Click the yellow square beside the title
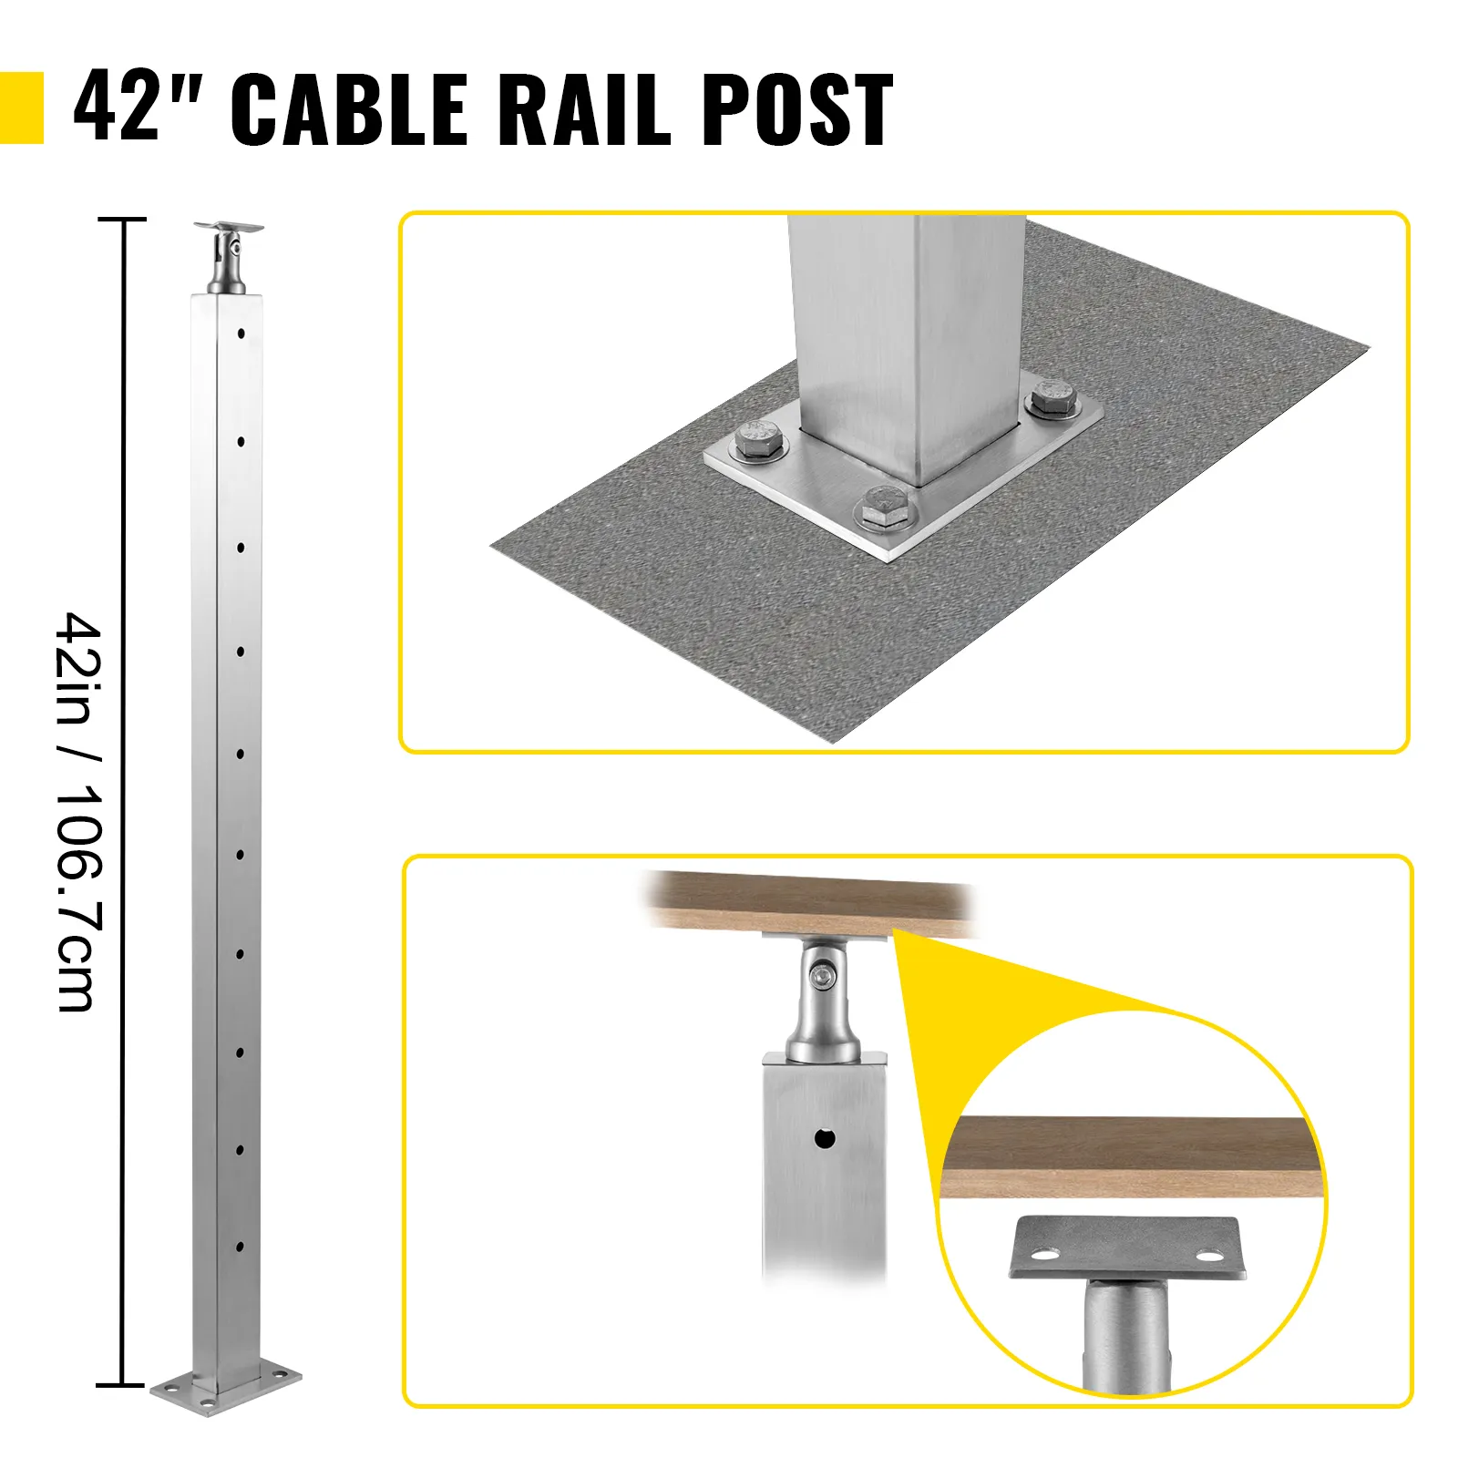pyautogui.click(x=21, y=108)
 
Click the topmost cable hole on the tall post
pyautogui.click(x=241, y=334)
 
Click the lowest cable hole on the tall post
pyautogui.click(x=241, y=1246)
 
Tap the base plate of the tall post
pyautogui.click(x=225, y=1408)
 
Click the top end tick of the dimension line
pyautogui.click(x=121, y=220)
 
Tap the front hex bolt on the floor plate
pyautogui.click(x=882, y=507)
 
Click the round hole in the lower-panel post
pyautogui.click(x=825, y=1138)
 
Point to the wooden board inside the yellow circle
pyautogui.click(x=1130, y=1156)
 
